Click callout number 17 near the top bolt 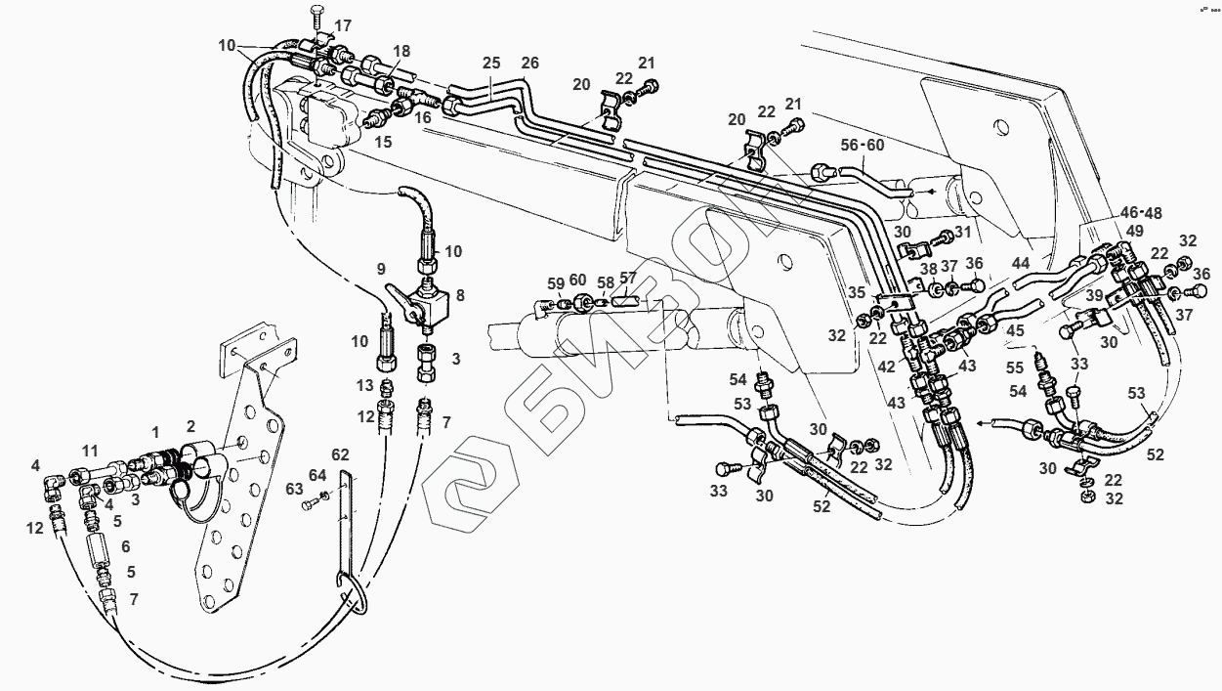pyautogui.click(x=343, y=25)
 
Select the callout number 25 pyautogui.click(x=491, y=63)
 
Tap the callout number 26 pyautogui.click(x=529, y=63)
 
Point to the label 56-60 pyautogui.click(x=862, y=146)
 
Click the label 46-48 pyautogui.click(x=1141, y=213)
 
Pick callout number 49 pyautogui.click(x=1135, y=231)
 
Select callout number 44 pyautogui.click(x=1020, y=264)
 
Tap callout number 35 pyautogui.click(x=857, y=292)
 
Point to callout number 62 pyautogui.click(x=340, y=454)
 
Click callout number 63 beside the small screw pyautogui.click(x=294, y=489)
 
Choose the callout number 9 pyautogui.click(x=381, y=269)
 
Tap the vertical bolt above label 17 pyautogui.click(x=316, y=21)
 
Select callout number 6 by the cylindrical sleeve pyautogui.click(x=126, y=545)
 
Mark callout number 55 pyautogui.click(x=1015, y=367)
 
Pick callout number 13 pyautogui.click(x=365, y=385)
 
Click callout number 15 pyautogui.click(x=383, y=142)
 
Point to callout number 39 pyautogui.click(x=1094, y=295)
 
